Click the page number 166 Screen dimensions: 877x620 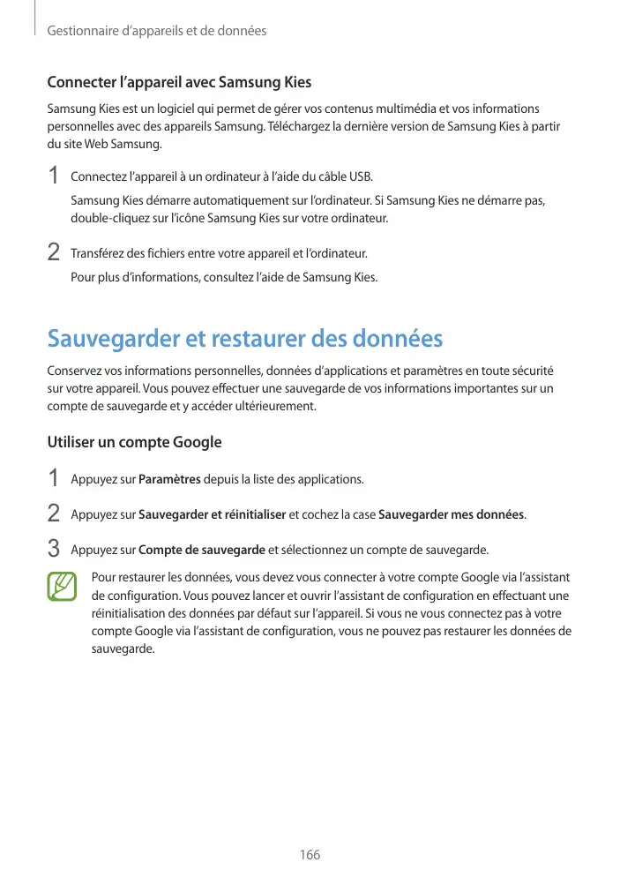pyautogui.click(x=310, y=855)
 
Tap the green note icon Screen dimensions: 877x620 pyautogui.click(x=63, y=587)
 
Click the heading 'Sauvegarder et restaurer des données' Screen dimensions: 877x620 pyautogui.click(x=244, y=340)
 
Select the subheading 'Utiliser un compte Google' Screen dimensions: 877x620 pyautogui.click(x=134, y=442)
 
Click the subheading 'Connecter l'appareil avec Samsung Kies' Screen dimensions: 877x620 pyautogui.click(x=179, y=84)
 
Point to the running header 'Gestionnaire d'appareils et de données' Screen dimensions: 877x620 pyautogui.click(x=156, y=31)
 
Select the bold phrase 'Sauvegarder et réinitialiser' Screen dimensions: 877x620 pyautogui.click(x=213, y=514)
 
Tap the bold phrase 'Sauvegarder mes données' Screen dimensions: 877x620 pyautogui.click(x=451, y=514)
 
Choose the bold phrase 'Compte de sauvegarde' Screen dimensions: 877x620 pyautogui.click(x=202, y=551)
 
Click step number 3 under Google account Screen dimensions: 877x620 pyautogui.click(x=54, y=550)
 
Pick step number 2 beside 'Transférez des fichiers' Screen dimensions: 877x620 pyautogui.click(x=54, y=253)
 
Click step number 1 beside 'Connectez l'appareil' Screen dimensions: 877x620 pyautogui.click(x=54, y=176)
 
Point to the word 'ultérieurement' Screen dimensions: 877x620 pyautogui.click(x=272, y=407)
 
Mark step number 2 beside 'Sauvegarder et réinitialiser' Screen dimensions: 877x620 pyautogui.click(x=54, y=513)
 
